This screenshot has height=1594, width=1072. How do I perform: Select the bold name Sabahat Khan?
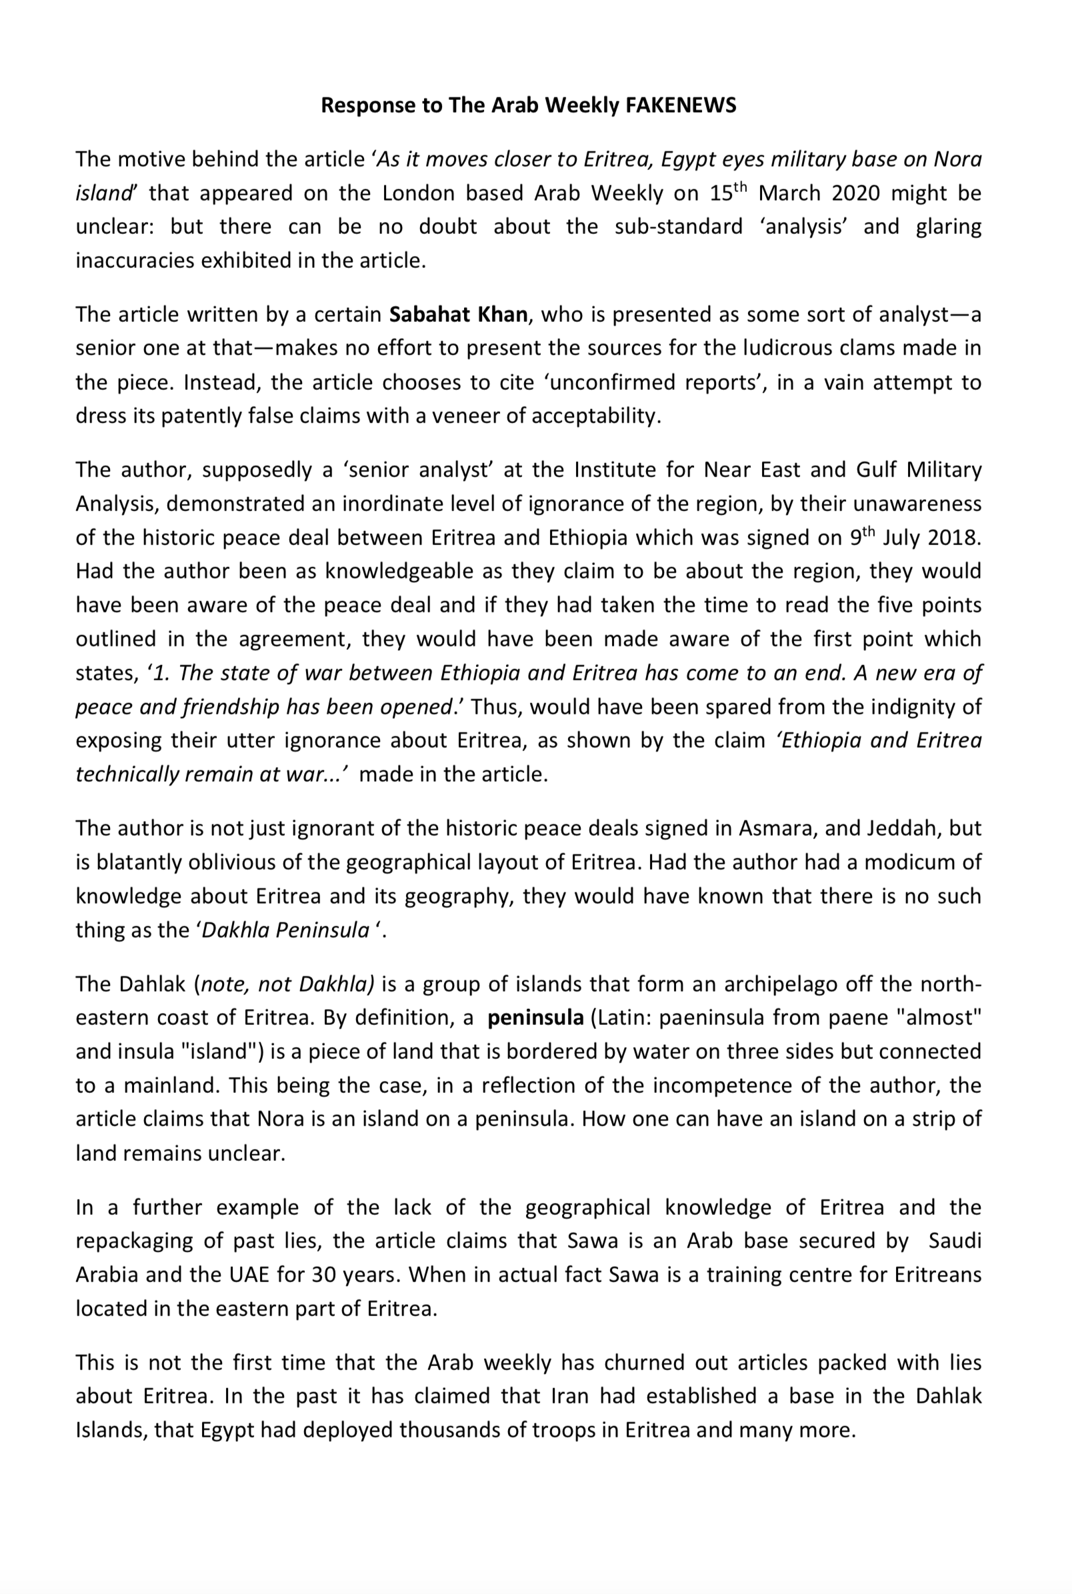click(x=458, y=315)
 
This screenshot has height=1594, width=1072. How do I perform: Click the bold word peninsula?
click(x=535, y=1018)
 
